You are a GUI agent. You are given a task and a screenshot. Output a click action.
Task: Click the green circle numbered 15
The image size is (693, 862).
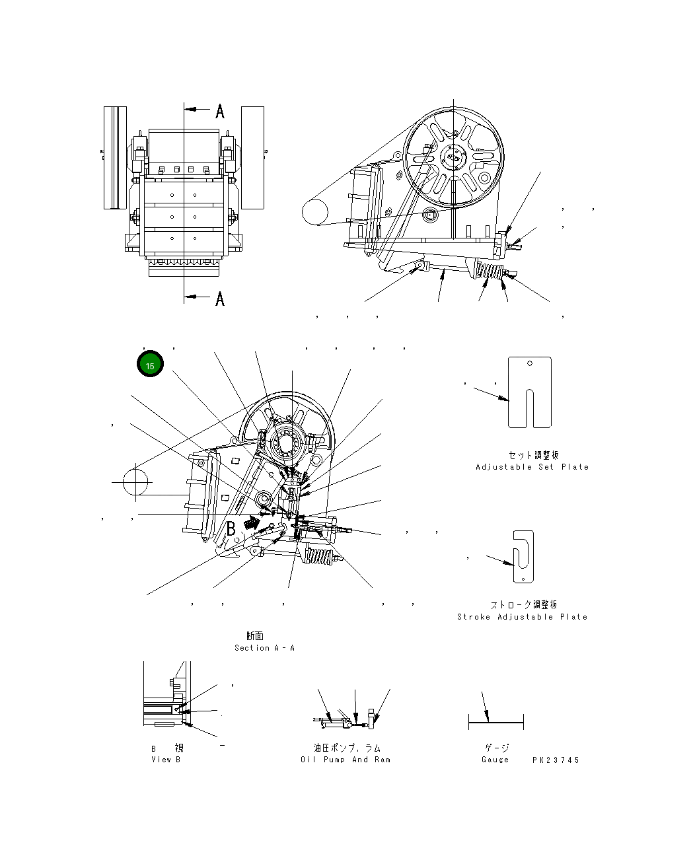(150, 365)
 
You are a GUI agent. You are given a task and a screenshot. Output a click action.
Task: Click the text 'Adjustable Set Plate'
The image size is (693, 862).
(532, 467)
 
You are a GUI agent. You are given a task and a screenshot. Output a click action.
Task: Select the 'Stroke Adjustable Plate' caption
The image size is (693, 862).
(522, 617)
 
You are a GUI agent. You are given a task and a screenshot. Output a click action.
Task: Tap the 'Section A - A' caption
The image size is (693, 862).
(264, 648)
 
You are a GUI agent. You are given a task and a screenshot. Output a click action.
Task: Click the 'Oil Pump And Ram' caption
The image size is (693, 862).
(346, 760)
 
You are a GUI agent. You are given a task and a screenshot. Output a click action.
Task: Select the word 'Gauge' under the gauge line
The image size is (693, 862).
(495, 760)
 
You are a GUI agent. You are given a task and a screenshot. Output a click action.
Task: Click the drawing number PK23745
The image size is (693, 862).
(556, 760)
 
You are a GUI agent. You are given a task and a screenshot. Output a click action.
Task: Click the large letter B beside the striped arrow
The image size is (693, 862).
(231, 528)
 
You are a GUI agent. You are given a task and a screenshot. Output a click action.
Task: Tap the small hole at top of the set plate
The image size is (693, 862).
(530, 363)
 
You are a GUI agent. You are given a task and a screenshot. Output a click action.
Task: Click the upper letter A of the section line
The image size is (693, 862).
(220, 111)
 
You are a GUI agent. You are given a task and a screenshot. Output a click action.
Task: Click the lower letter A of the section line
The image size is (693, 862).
(220, 299)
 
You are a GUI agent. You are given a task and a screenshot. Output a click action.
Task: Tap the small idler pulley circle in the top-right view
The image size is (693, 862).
(315, 212)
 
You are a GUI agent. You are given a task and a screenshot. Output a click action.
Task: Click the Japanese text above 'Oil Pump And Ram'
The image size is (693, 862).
(347, 748)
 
